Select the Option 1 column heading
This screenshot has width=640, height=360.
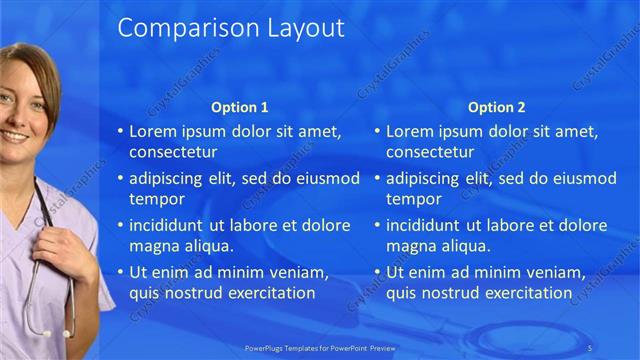[x=240, y=107]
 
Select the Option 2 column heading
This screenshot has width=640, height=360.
[x=497, y=107]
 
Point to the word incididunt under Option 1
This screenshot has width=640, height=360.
[x=168, y=226]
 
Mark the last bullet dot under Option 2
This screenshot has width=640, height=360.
[x=378, y=273]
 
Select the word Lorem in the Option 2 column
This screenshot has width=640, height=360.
[x=410, y=132]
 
